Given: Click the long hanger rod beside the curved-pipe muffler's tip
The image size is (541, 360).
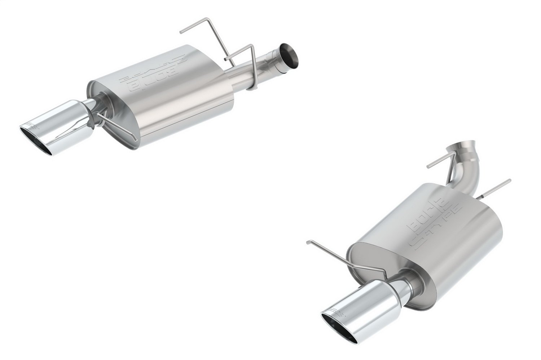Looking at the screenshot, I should pos(332,252).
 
